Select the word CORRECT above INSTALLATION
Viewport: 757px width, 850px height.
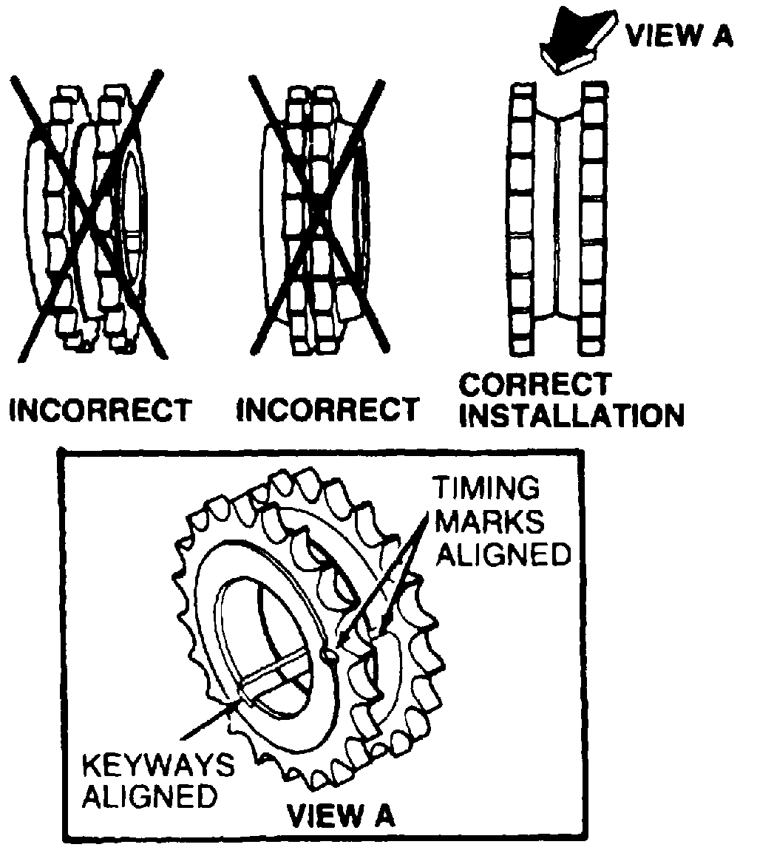click(534, 385)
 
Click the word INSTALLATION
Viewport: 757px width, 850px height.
click(571, 416)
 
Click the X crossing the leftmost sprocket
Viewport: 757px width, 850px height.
click(87, 214)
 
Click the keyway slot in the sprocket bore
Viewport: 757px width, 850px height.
click(274, 670)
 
